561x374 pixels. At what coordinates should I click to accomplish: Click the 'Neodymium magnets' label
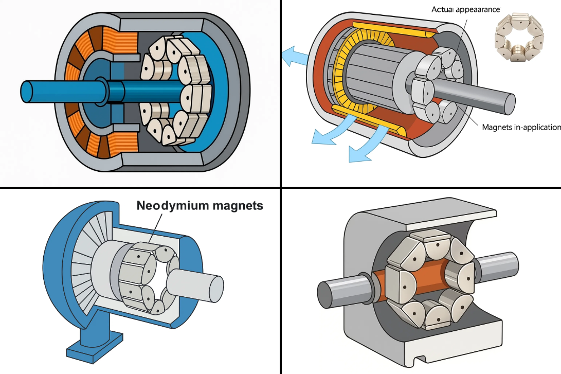coord(200,206)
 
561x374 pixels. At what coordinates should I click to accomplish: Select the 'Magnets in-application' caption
coord(520,127)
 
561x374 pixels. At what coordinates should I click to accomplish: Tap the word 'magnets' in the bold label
coord(236,206)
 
